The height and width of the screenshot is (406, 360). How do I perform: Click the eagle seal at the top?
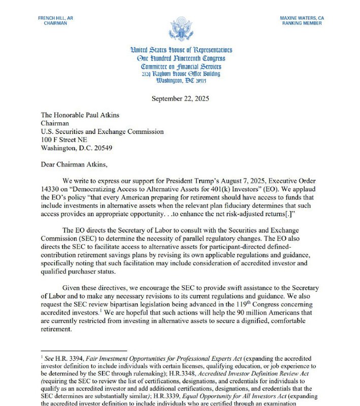pyautogui.click(x=181, y=29)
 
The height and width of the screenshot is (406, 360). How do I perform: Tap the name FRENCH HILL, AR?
pyautogui.click(x=55, y=18)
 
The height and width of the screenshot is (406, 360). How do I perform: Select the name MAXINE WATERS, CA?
pyautogui.click(x=303, y=18)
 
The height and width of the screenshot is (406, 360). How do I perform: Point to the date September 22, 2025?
pyautogui.click(x=181, y=98)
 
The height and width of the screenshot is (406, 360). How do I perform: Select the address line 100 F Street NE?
pyautogui.click(x=64, y=140)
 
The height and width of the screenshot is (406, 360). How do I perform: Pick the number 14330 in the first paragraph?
pyautogui.click(x=52, y=189)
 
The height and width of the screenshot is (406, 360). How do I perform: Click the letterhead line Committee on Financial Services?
pyautogui.click(x=181, y=66)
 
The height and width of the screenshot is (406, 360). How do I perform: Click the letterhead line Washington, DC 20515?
pyautogui.click(x=181, y=81)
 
